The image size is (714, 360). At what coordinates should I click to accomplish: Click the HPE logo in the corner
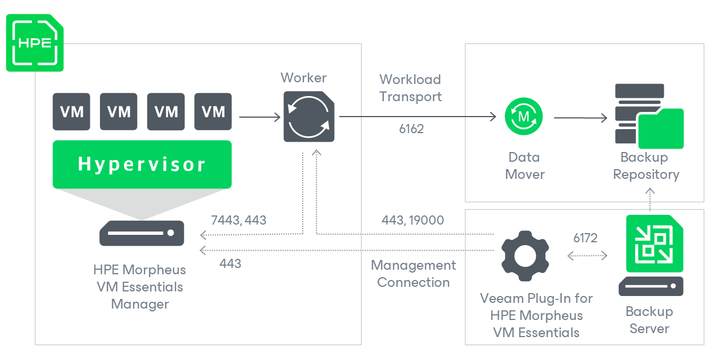coord(35,43)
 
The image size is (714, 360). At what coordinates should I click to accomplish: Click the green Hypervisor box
coord(142,164)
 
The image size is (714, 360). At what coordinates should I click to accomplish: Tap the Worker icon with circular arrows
coord(309,117)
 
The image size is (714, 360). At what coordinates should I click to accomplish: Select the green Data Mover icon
coord(524,117)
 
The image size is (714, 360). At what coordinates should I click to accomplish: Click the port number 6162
coord(411,129)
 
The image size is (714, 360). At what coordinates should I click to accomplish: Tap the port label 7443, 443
coord(239,221)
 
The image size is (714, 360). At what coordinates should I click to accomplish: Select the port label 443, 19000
coord(412,221)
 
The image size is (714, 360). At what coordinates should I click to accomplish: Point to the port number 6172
coord(585,238)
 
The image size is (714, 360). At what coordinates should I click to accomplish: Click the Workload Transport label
coord(410,88)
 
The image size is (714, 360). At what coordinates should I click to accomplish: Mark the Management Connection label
coord(413,274)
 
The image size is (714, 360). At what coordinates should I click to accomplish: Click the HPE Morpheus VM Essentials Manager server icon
coord(142,233)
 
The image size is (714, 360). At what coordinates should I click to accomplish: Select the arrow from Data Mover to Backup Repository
coord(580,118)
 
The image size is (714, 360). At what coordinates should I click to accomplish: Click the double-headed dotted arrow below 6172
coord(587,255)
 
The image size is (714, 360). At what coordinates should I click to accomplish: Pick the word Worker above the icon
coord(304,78)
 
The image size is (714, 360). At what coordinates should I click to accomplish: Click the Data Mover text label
coord(524,165)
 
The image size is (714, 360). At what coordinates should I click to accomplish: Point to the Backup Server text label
coord(649,320)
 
